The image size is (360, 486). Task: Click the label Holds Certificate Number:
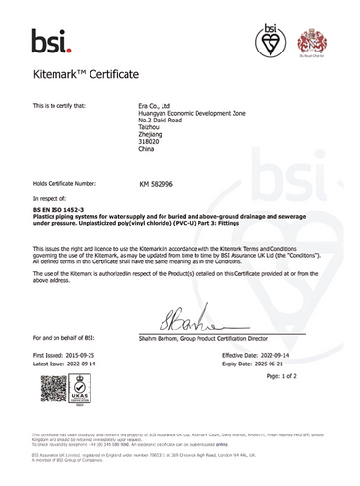pos(65,182)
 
